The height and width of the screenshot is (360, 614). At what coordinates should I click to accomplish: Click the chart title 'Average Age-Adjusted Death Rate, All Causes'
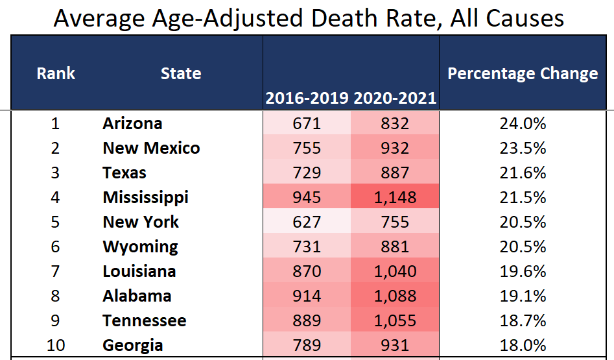pos(309,18)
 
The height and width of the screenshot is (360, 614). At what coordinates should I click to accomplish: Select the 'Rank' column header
pos(56,73)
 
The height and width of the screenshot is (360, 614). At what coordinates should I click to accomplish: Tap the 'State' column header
pos(181,73)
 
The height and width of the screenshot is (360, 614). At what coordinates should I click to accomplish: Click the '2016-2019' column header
pos(307,99)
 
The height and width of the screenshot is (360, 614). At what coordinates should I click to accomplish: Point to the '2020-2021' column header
pos(395,99)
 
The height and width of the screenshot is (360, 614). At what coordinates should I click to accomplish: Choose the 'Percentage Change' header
pos(523,73)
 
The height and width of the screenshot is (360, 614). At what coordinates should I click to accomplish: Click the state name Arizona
pos(132,123)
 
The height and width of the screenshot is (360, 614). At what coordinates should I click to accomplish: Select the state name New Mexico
pos(151,148)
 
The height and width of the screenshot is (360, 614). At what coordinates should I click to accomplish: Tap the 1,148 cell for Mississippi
pos(395,197)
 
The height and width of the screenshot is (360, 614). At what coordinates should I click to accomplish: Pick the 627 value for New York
pos(307,222)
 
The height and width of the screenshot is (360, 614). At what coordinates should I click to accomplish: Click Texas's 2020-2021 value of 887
pos(395,173)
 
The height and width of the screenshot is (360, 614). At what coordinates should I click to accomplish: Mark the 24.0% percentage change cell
pos(523,123)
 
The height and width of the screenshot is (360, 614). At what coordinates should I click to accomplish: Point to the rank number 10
pos(56,345)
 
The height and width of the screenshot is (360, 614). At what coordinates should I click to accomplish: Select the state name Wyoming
pos(140,246)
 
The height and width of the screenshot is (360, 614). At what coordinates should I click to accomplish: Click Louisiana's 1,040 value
pos(395,271)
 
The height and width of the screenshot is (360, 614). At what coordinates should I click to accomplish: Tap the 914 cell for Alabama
pos(307,296)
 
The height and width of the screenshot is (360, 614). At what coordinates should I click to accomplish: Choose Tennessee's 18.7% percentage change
pos(523,320)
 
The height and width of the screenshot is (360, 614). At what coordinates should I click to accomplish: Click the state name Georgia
pos(133,345)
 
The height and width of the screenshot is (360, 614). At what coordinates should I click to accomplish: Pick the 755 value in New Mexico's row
pos(307,148)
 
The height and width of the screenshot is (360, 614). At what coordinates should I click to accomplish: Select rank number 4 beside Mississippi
pos(56,197)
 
